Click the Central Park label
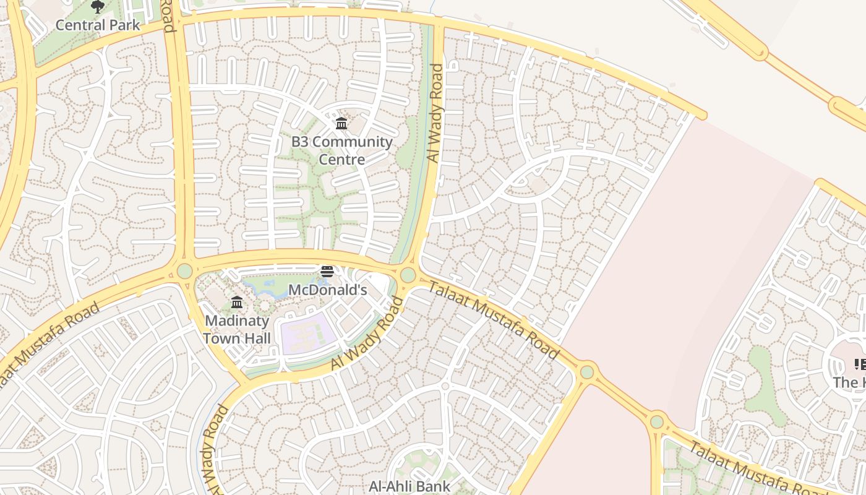(x=98, y=25)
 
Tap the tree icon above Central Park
(x=97, y=7)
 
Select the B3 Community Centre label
(x=341, y=150)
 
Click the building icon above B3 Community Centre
(x=341, y=124)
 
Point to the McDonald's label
(x=328, y=290)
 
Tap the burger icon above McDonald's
(x=327, y=272)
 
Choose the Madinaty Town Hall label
(x=237, y=330)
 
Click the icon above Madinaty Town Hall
(x=237, y=303)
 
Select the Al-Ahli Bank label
(x=409, y=486)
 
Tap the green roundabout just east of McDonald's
(x=408, y=275)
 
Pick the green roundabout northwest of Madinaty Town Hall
(x=184, y=271)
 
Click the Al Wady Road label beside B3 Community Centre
(x=435, y=113)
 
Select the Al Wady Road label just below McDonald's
(x=367, y=335)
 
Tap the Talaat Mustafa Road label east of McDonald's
(x=493, y=319)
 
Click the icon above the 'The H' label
(x=860, y=364)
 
